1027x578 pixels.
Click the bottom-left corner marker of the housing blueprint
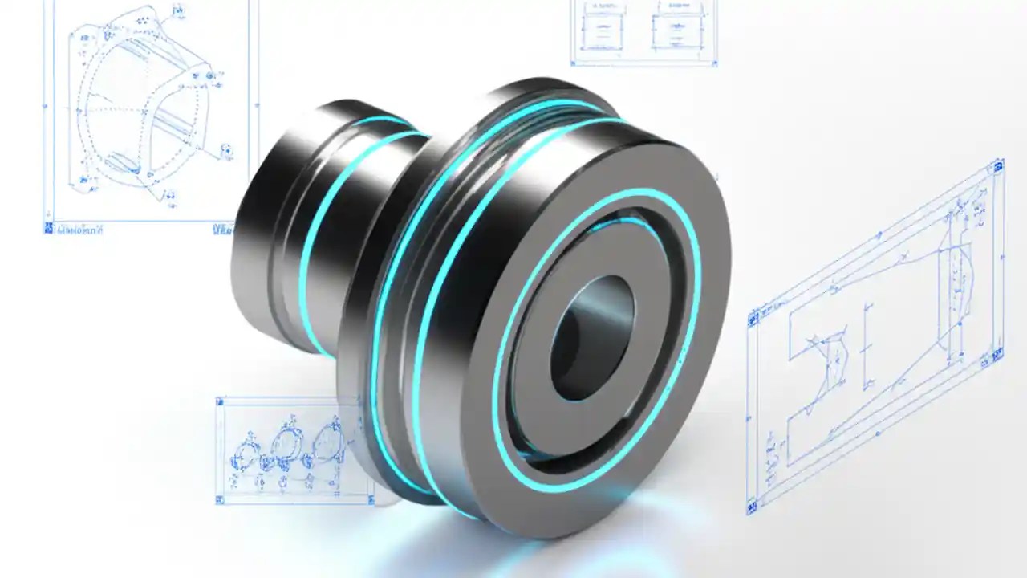click(48, 228)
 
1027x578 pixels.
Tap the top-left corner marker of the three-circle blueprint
click(220, 400)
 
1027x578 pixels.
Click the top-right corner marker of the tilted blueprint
click(998, 166)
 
